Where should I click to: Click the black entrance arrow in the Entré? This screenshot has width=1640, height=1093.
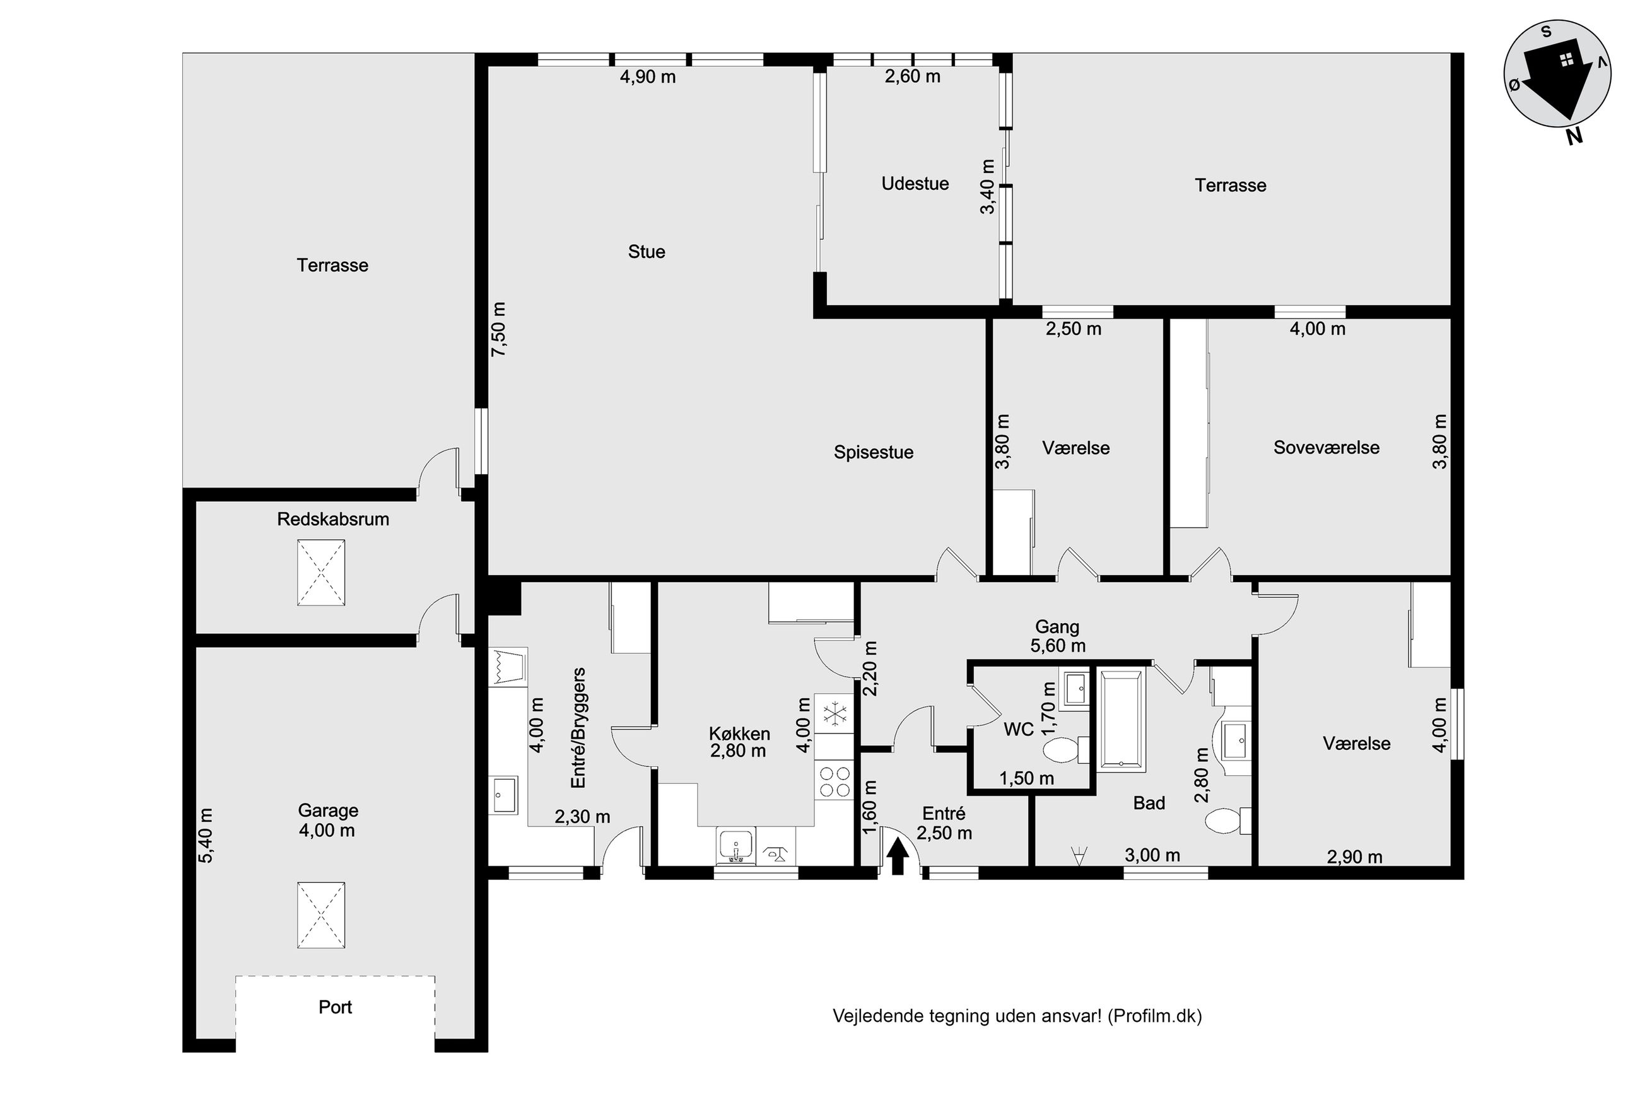point(898,855)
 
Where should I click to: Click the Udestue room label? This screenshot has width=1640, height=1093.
point(915,184)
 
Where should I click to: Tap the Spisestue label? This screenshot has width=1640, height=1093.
point(874,452)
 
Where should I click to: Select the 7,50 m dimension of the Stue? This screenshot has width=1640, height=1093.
point(498,330)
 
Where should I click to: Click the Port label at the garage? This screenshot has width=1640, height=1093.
point(335,1007)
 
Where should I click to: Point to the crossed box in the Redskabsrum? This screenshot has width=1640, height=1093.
point(321,572)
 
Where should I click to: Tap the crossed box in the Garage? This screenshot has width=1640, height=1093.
point(321,915)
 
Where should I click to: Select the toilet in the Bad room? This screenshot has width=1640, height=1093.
point(1228,821)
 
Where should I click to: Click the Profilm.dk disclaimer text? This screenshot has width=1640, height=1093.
point(1017,1016)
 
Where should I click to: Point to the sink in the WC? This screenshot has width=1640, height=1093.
point(1074,688)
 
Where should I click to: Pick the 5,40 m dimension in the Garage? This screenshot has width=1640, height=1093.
point(206,836)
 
